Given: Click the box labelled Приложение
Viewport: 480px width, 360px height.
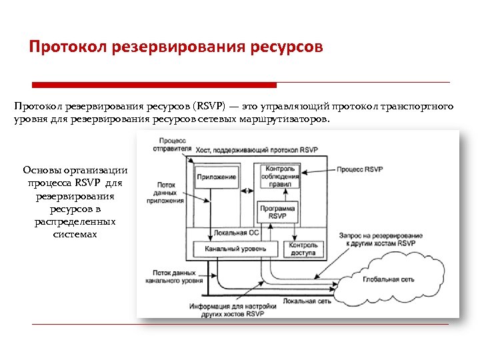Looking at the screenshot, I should click(x=217, y=177).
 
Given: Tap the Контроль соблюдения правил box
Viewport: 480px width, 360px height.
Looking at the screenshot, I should click(x=281, y=177).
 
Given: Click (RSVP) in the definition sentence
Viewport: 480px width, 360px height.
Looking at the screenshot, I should click(x=208, y=107).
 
